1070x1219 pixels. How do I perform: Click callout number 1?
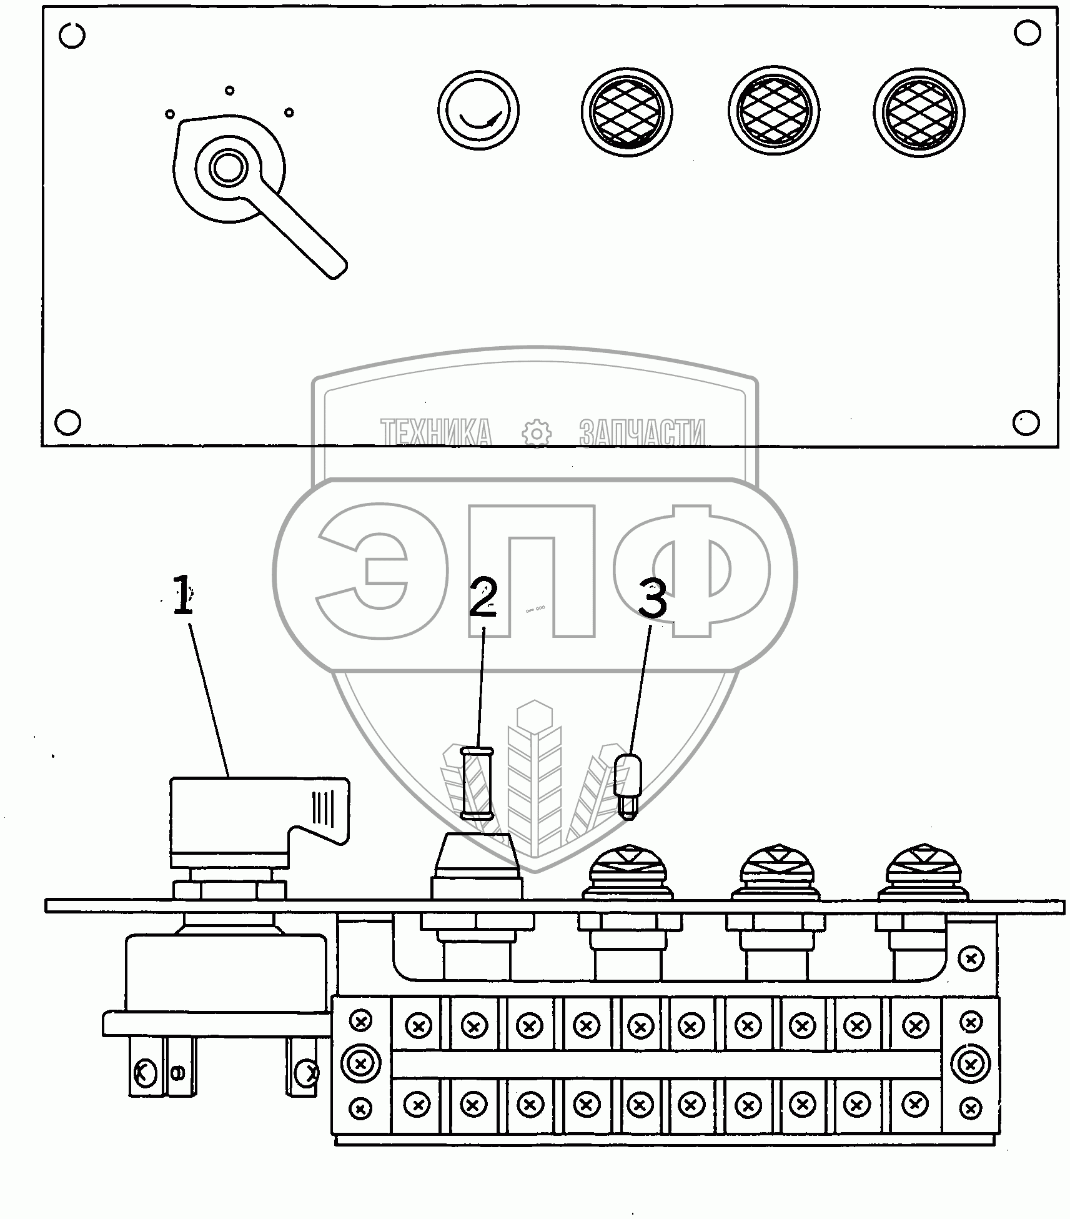pos(182,595)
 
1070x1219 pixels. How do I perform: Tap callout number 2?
pos(483,597)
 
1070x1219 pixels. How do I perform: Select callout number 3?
pos(651,599)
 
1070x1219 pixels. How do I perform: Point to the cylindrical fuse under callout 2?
pos(477,783)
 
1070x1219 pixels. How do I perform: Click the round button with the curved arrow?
pos(478,112)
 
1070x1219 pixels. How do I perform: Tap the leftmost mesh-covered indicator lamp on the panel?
pos(627,112)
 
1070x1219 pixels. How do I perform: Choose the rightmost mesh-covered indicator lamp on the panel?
pos(919,113)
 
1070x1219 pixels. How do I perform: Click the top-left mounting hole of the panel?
pos(72,36)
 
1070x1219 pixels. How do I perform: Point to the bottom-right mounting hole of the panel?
pos(1026,422)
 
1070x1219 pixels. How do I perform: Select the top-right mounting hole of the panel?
pos(1027,33)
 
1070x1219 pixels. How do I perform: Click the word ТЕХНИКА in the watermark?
pos(436,432)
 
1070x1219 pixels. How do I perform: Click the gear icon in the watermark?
pos(536,433)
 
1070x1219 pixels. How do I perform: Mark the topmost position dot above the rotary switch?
pos(229,91)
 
